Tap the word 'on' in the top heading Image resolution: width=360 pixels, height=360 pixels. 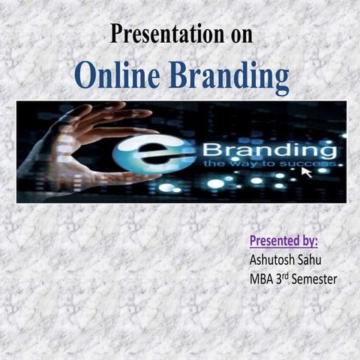(237, 34)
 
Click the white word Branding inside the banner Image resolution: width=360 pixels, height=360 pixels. (269, 148)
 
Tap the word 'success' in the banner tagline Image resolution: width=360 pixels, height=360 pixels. (307, 163)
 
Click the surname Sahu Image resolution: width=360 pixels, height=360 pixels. (316, 260)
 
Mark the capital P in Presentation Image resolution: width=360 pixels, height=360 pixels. (116, 34)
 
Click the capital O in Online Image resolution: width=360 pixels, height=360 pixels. (86, 76)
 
